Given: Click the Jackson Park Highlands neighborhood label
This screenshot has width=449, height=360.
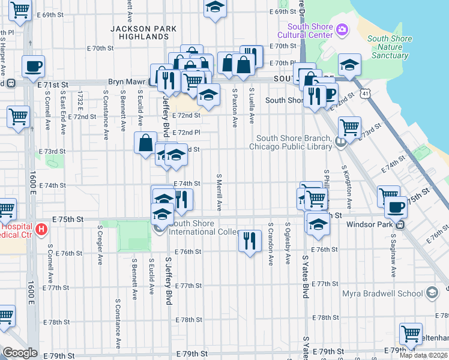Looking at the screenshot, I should tap(143, 32).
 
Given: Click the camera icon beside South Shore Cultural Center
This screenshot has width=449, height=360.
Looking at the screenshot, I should tap(343, 29).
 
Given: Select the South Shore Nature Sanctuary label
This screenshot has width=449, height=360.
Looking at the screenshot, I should tap(390, 47).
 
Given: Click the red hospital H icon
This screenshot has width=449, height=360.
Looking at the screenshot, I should tap(41, 229).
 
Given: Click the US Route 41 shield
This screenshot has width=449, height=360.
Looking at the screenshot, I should tap(366, 93).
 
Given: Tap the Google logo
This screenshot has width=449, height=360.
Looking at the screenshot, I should tap(20, 353).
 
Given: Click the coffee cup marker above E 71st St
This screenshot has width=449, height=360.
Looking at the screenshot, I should tap(34, 67).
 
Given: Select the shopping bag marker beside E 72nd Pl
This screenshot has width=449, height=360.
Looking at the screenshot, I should tap(146, 143).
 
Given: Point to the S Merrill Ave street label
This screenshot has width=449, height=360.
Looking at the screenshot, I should tap(220, 193).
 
